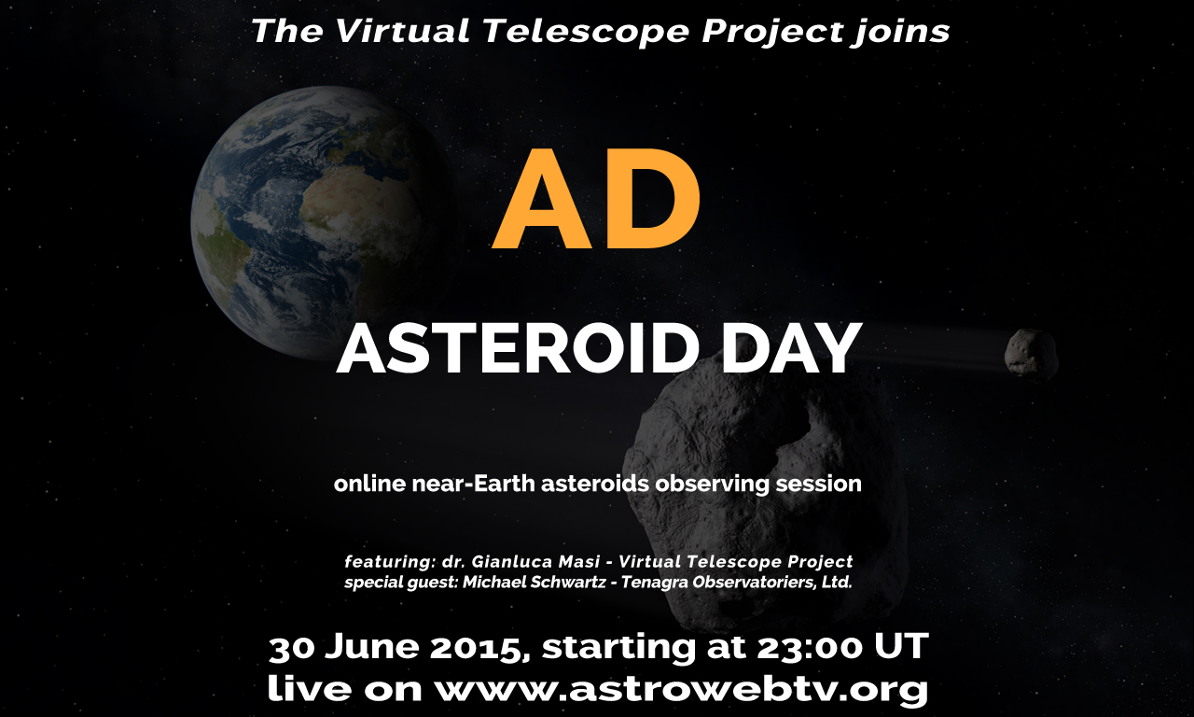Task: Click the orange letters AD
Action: (596, 199)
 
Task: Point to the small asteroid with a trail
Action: (1031, 356)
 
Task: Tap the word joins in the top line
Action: (900, 32)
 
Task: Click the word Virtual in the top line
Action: (403, 31)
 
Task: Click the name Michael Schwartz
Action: (534, 582)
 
